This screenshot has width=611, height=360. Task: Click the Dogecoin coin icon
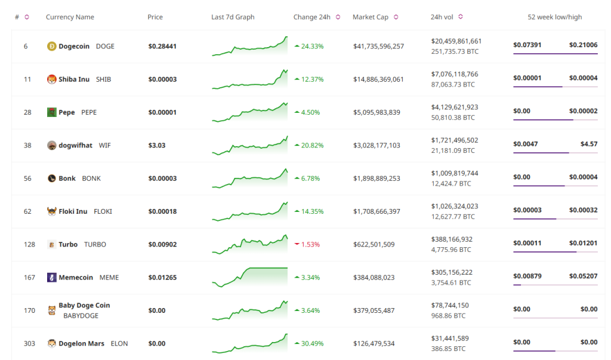[x=51, y=47]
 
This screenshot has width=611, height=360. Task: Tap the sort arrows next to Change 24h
[x=338, y=17]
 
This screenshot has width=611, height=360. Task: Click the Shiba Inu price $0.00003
[x=162, y=79]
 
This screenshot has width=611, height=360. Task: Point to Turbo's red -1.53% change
[x=311, y=244]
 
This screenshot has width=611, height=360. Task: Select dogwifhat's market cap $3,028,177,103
[x=377, y=145]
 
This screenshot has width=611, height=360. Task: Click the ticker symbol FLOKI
[x=103, y=211]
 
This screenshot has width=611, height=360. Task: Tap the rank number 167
[x=26, y=277]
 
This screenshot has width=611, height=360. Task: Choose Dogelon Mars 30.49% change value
[x=312, y=343]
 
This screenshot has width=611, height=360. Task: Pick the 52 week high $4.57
[x=588, y=144]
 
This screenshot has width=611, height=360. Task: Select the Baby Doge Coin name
[x=84, y=305]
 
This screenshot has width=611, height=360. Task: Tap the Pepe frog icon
[x=51, y=112]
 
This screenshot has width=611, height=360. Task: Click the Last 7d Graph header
[x=233, y=17]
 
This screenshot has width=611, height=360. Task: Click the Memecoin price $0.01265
[x=162, y=277]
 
